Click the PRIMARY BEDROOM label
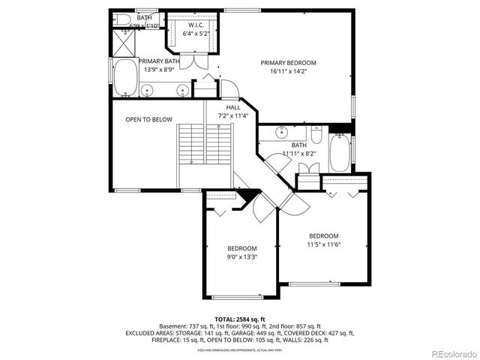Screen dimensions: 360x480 [x=289, y=62]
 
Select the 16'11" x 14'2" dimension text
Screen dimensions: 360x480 [x=289, y=71]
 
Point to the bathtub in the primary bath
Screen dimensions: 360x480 [x=125, y=77]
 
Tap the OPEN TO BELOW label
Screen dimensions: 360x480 [x=148, y=119]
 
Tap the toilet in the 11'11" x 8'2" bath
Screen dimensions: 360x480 [x=316, y=136]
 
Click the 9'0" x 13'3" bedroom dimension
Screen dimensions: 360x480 [x=242, y=257]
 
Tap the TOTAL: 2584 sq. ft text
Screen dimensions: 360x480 [x=239, y=319]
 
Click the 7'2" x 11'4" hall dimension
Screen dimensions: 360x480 [x=233, y=116]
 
